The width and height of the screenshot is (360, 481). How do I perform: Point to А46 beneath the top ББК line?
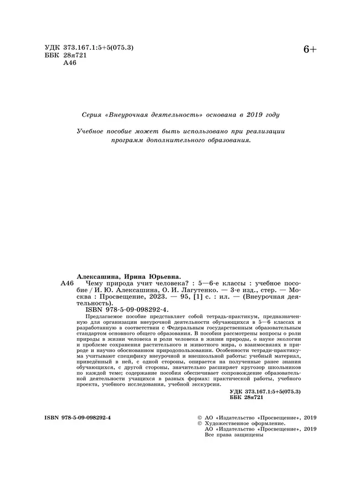coord(70,63)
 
